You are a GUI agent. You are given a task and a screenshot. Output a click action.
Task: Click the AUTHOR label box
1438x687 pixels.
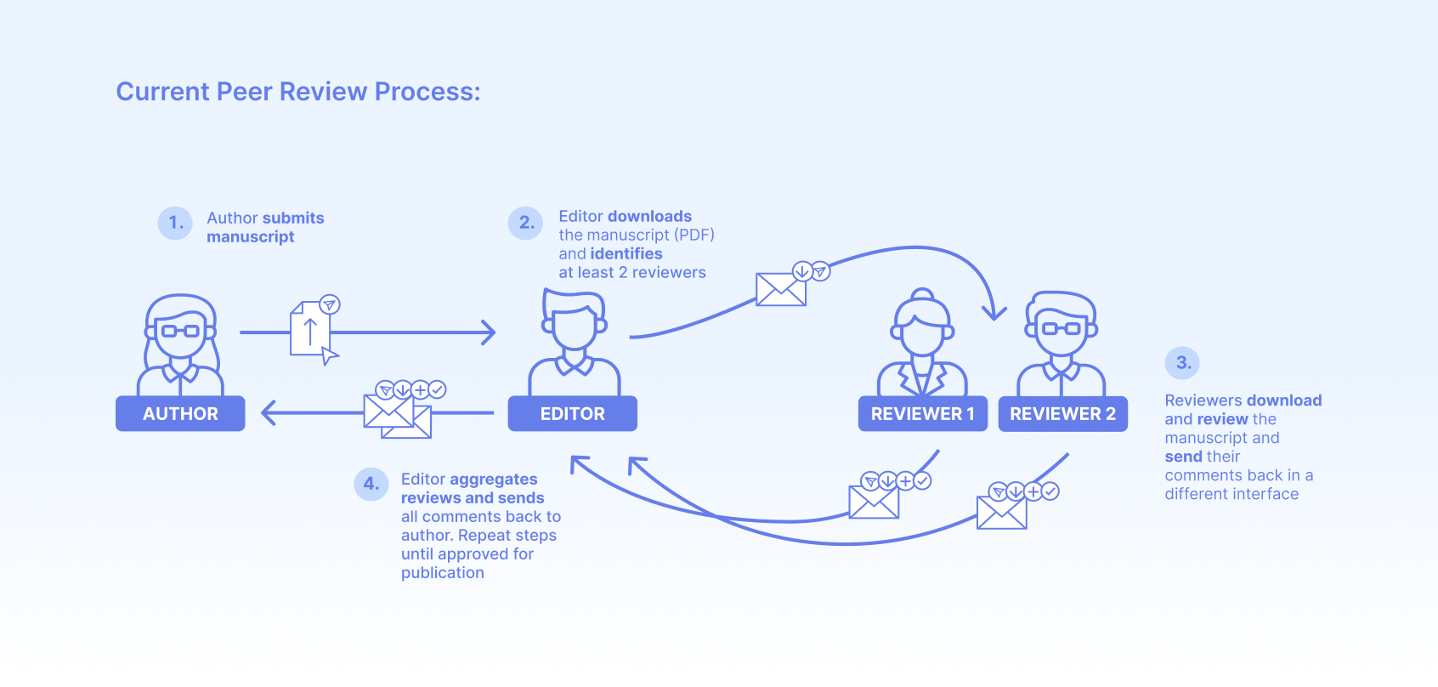[x=180, y=414]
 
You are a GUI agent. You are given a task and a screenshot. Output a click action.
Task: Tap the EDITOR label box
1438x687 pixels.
[x=572, y=414]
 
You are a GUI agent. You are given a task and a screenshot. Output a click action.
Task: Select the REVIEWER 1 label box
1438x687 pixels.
[x=922, y=414]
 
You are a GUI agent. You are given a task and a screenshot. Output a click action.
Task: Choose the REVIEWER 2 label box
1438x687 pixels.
[x=1062, y=414]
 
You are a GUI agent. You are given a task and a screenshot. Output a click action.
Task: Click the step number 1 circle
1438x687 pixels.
[x=175, y=223]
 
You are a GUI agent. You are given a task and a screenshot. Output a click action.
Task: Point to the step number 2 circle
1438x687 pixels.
[x=526, y=223]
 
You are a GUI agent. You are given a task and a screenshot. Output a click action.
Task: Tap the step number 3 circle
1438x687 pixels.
[x=1182, y=363]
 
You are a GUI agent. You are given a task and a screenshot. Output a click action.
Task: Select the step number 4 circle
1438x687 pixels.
[x=371, y=484]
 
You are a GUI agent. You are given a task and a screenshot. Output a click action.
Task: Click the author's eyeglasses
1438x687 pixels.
[x=180, y=331]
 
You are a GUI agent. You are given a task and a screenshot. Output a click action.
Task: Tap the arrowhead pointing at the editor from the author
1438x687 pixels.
[x=489, y=332]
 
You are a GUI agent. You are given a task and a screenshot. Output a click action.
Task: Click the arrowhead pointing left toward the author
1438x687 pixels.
[x=269, y=413]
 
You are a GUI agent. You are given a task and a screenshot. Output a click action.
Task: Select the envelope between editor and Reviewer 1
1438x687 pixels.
[x=781, y=289]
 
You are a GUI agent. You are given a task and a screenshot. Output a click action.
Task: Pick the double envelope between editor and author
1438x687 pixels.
[x=397, y=417]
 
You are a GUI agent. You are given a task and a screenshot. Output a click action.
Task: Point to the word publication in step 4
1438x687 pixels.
[x=442, y=573]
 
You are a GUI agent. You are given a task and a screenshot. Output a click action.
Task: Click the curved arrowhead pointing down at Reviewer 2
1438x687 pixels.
[x=994, y=313]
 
